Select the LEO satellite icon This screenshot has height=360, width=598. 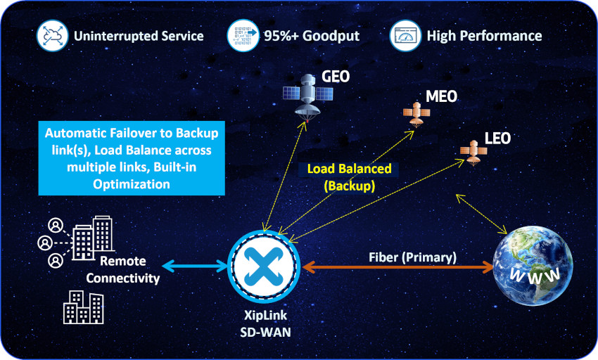click(x=472, y=150)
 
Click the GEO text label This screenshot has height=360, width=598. click(x=336, y=77)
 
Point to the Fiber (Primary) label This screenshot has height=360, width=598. click(x=412, y=257)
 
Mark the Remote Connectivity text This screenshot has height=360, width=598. click(x=129, y=269)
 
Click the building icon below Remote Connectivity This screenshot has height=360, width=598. click(x=83, y=308)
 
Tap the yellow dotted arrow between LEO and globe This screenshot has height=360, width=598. click(x=482, y=214)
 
